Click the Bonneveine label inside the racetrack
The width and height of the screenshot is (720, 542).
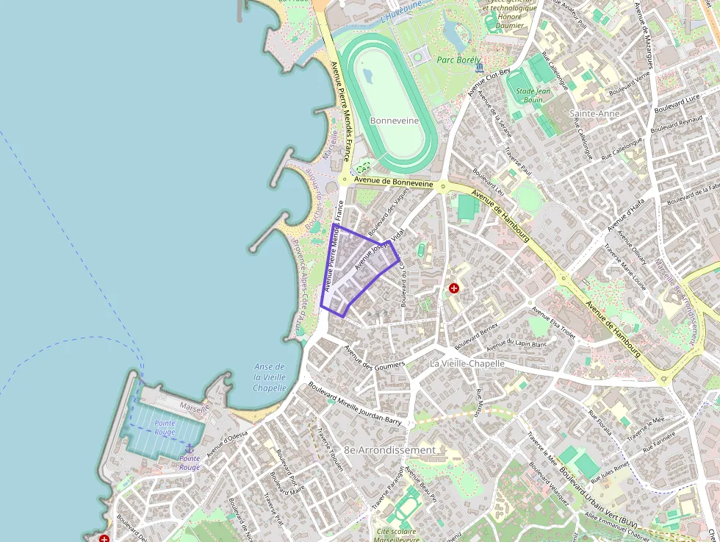pyautogui.click(x=394, y=121)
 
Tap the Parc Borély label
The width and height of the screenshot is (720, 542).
pyautogui.click(x=458, y=60)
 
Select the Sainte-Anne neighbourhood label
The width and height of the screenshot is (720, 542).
pyautogui.click(x=594, y=114)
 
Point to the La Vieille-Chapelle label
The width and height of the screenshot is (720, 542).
pyautogui.click(x=467, y=363)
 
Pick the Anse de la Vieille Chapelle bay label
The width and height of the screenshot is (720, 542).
pyautogui.click(x=269, y=377)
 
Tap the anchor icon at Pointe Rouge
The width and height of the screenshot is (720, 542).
pyautogui.click(x=189, y=448)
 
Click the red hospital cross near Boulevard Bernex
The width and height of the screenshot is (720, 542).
pyautogui.click(x=454, y=288)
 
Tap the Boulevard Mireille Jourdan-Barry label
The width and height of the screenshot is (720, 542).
pyautogui.click(x=355, y=403)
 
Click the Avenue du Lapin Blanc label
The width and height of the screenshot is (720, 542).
pyautogui.click(x=516, y=343)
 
